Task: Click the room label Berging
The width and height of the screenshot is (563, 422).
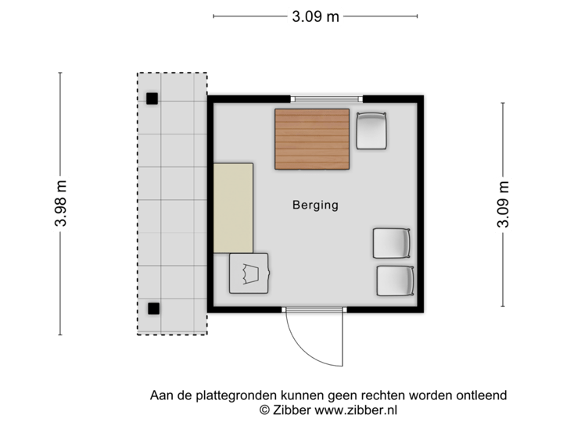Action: click(x=315, y=206)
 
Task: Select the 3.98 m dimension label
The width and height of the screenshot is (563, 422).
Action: click(x=61, y=203)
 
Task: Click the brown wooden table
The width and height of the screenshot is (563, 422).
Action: click(x=312, y=139)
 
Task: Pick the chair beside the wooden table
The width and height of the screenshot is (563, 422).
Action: click(x=371, y=131)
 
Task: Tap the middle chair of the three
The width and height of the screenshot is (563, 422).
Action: click(x=391, y=243)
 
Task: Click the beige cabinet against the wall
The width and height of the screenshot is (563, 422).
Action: click(x=233, y=208)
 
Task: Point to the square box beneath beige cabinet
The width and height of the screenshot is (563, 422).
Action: click(x=249, y=274)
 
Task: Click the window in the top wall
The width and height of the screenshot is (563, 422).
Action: click(x=327, y=98)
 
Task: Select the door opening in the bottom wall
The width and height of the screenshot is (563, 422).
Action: click(x=314, y=310)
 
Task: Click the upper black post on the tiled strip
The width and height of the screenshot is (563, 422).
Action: click(x=152, y=98)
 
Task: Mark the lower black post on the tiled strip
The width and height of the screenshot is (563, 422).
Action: click(x=153, y=307)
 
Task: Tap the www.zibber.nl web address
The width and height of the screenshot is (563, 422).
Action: click(x=356, y=409)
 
